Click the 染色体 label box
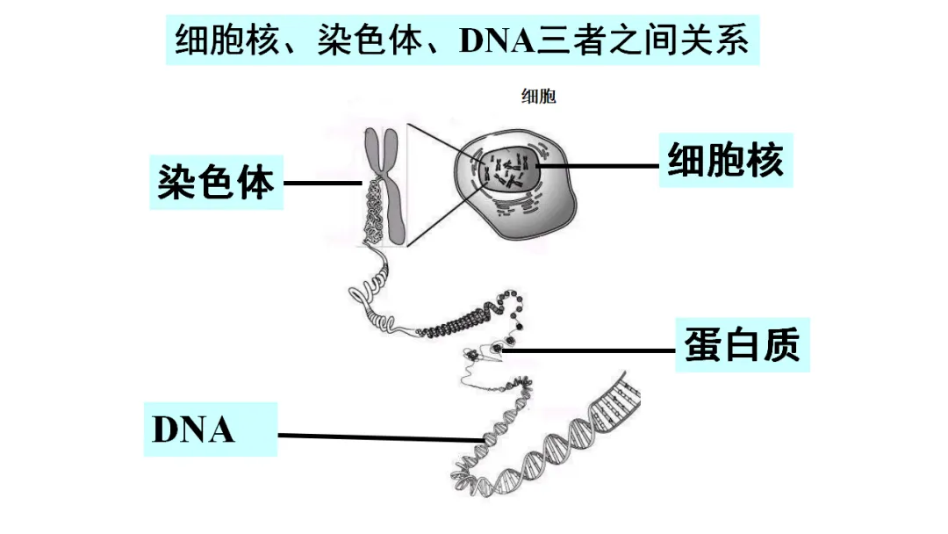(216, 183)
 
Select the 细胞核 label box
(725, 161)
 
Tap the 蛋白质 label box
(742, 345)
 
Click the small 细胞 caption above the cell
(539, 97)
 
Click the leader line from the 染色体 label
(323, 184)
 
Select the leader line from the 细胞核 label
(597, 165)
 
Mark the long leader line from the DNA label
(377, 437)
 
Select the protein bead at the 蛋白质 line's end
(498, 349)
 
